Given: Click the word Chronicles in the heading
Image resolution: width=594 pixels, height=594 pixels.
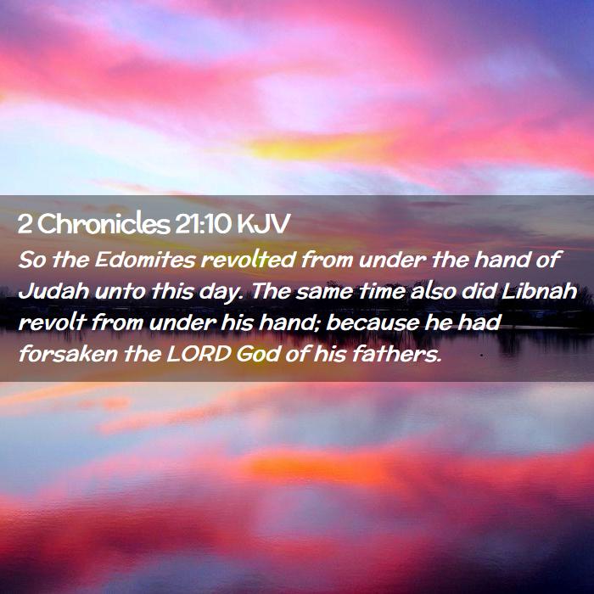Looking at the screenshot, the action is coord(104,224).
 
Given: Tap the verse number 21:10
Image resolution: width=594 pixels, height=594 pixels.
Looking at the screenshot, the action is coord(203,224).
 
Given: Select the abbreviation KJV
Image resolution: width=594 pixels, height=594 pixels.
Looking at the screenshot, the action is coord(263,224).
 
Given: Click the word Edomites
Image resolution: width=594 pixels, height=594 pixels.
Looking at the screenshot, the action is coord(145,260).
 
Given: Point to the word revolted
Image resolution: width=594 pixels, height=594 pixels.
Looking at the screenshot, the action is coord(248,260).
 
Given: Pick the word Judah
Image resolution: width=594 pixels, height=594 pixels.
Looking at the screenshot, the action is coord(53,291).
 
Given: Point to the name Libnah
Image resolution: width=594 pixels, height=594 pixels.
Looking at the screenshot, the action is coord(539,291).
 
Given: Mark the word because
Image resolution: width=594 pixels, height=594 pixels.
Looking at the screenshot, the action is coord(372,322).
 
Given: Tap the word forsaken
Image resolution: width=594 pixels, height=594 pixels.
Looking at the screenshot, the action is coord(68,354).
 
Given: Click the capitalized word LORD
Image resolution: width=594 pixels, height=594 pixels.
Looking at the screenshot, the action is coord(199,355).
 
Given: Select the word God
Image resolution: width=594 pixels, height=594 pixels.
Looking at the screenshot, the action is coord(258,355).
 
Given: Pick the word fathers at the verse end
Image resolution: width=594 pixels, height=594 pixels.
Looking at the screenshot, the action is coord(397,354).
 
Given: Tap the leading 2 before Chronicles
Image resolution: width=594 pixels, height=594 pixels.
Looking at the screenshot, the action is coord(25,224).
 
